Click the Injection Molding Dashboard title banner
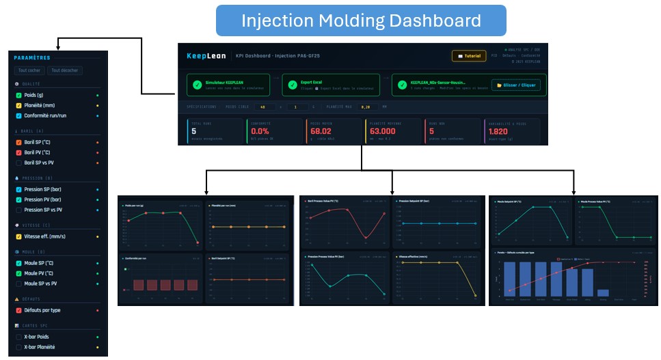(x=361, y=20)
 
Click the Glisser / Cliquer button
(x=517, y=85)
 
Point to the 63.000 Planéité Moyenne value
(x=382, y=131)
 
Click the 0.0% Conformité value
(x=260, y=131)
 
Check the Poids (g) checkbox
(x=18, y=96)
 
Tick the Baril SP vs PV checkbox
(x=18, y=163)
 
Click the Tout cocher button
(x=29, y=70)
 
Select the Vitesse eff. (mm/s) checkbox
(x=18, y=236)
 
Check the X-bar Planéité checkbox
(x=18, y=347)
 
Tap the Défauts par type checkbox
(x=18, y=310)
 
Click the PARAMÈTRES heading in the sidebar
(x=31, y=58)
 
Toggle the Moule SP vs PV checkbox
(x=18, y=283)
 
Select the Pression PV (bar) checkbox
(x=18, y=199)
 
